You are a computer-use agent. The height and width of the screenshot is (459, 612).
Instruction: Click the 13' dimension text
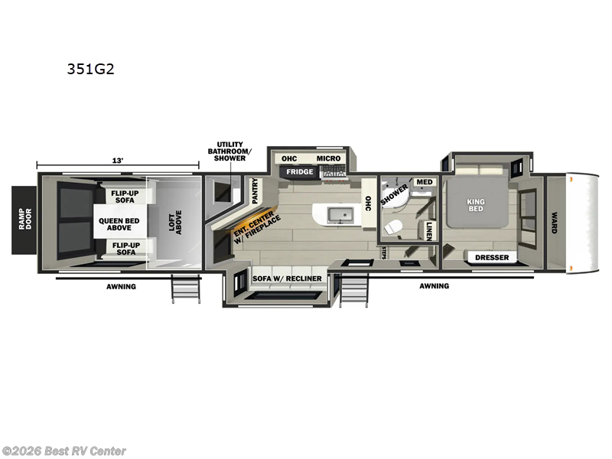coord(117,161)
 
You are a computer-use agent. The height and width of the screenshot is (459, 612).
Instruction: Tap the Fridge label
coord(300,172)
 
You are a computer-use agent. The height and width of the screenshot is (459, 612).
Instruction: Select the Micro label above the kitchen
coord(328,158)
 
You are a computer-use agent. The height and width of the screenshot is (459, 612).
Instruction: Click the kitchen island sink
coord(337,214)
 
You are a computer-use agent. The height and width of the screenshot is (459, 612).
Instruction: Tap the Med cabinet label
coord(425,182)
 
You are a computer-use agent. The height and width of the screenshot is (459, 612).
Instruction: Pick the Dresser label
coord(491,258)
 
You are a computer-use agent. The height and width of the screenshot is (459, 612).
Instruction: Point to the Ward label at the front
coord(553,222)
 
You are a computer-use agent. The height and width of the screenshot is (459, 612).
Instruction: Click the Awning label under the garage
coord(121,286)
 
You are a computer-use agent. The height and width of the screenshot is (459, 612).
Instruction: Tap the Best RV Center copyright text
coord(64,451)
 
